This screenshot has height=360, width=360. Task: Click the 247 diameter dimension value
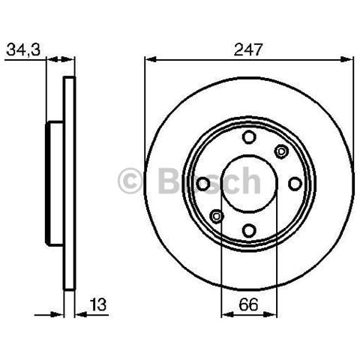[x=247, y=49]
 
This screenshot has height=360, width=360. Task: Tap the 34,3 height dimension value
[x=23, y=49]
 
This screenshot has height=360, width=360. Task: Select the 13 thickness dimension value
[x=98, y=304]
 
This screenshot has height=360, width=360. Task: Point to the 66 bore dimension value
[x=248, y=304]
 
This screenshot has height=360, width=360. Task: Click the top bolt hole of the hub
[x=249, y=137]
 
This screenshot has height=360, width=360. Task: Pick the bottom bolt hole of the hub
[x=249, y=230]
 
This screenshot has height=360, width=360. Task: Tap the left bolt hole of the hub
[x=202, y=184]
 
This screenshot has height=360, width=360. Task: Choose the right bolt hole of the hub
[x=295, y=184]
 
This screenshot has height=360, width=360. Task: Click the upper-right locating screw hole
[x=281, y=151]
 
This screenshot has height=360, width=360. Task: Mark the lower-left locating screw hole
[x=217, y=216]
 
